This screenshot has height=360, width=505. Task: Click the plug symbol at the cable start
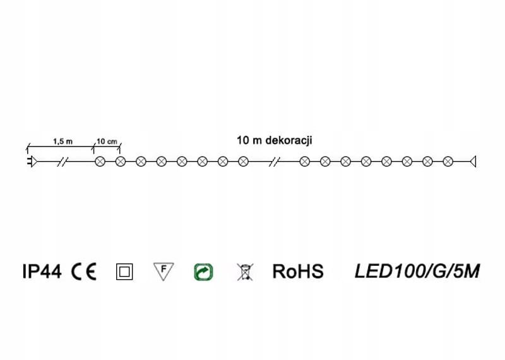32,162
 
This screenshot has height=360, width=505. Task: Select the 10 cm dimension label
107,141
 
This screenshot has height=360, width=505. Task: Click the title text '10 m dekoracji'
275,140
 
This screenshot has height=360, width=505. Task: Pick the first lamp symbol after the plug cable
100,162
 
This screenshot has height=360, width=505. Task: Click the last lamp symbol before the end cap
448,162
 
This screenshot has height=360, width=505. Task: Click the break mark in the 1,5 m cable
62,162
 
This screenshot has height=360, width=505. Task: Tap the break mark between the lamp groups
273,162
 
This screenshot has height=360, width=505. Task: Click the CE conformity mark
84,272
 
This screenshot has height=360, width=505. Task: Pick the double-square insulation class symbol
124,272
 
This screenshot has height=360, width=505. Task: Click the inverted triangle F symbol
163,271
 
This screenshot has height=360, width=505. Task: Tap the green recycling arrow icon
203,272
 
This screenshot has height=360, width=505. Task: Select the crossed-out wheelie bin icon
244,272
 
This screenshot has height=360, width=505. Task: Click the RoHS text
298,272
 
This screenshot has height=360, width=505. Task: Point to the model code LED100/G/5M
417,272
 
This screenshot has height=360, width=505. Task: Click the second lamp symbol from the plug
121,162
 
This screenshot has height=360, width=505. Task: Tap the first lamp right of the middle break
305,162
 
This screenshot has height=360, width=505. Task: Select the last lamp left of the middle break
243,162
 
